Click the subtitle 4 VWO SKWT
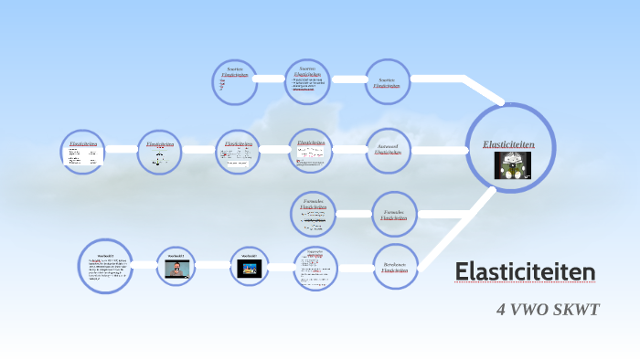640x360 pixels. tap(547, 309)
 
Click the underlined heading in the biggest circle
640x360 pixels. tap(508, 145)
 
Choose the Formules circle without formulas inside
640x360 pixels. tap(394, 216)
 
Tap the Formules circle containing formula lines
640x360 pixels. tap(314, 216)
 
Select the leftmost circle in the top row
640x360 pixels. tap(235, 82)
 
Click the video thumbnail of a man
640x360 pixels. tap(177, 268)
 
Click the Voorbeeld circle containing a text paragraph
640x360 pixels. tap(104, 267)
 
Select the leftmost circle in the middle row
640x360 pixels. tap(83, 151)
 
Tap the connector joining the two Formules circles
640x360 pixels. tap(354, 216)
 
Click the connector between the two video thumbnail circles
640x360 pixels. tap(213, 266)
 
